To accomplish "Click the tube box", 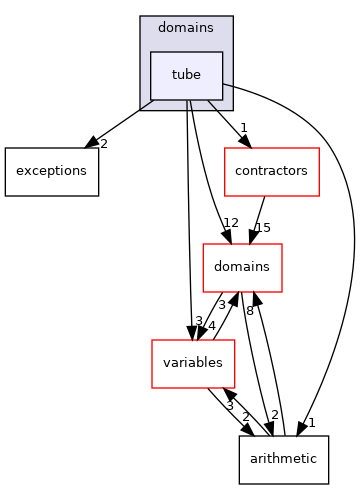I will click(186, 76).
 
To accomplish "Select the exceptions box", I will click(46, 170).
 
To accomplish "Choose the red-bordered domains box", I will click(242, 268).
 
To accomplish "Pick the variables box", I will click(192, 363).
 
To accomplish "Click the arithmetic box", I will click(283, 459).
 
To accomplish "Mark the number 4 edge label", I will click(211, 325).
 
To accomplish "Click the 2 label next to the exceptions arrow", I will click(103, 143).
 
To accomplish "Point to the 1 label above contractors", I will click(243, 128).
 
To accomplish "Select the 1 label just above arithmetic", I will click(311, 423).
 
